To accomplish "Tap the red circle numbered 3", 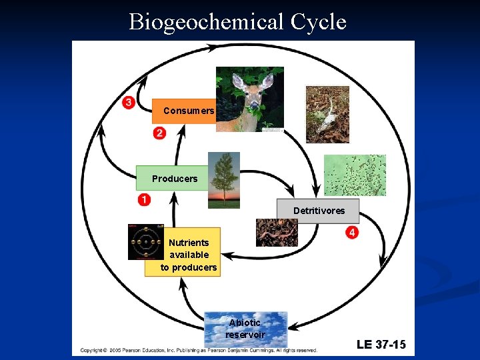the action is [x=128, y=102].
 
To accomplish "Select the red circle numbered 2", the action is [x=159, y=133].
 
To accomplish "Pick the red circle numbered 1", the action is [x=144, y=199].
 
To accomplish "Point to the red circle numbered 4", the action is [x=352, y=232].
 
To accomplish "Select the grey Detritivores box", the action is [x=319, y=211].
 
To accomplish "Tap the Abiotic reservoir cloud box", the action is [x=245, y=329].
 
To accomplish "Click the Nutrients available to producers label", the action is [x=189, y=255].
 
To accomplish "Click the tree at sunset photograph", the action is [x=224, y=180].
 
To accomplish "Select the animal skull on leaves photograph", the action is [x=327, y=114].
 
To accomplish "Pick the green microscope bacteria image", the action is [x=355, y=175].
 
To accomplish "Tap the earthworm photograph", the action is [x=277, y=233].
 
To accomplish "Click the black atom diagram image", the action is [x=145, y=241].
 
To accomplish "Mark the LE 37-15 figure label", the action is [x=381, y=344].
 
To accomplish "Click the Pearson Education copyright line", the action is [x=199, y=349].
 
